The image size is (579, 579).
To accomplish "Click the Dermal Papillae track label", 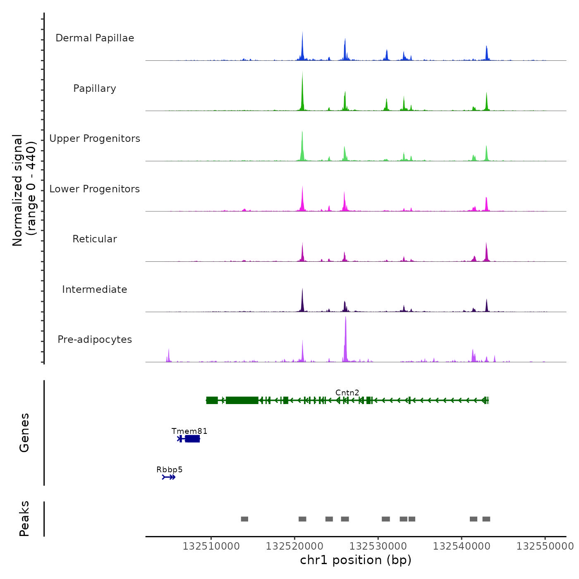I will click(x=95, y=38).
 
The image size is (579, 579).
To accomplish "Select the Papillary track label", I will click(x=95, y=89).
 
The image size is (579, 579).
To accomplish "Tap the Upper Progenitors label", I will click(x=95, y=139).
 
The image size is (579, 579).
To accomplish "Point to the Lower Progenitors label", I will click(x=95, y=189).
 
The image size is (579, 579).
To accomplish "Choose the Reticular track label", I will click(x=95, y=239).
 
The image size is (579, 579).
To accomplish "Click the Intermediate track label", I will click(x=95, y=289).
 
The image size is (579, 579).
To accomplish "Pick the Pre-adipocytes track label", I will click(x=95, y=340).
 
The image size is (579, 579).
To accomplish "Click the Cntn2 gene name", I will click(x=347, y=392).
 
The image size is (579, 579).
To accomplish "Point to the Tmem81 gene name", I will click(x=189, y=431).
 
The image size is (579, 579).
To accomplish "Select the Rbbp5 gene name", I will click(x=169, y=469).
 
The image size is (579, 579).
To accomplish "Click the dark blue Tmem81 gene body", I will click(x=192, y=439).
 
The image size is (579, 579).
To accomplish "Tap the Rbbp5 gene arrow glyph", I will click(x=169, y=477).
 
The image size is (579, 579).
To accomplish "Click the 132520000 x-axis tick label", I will click(x=294, y=546).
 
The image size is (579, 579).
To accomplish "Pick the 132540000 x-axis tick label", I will click(x=462, y=546).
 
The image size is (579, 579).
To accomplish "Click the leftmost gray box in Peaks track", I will click(x=244, y=519).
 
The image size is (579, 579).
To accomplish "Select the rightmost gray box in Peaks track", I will click(x=486, y=519).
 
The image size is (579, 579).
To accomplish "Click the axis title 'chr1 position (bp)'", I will click(x=356, y=560).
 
